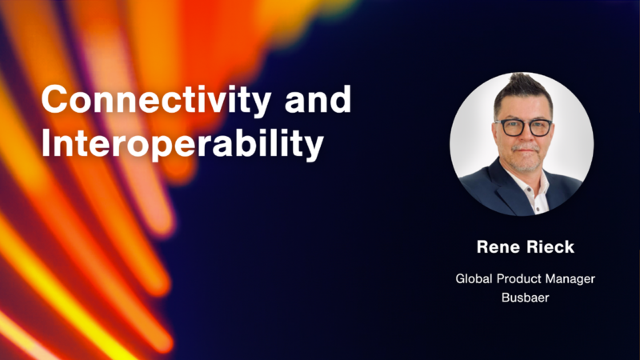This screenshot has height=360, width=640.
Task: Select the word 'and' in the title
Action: [x=318, y=98]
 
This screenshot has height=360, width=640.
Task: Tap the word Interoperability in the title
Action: [x=182, y=144]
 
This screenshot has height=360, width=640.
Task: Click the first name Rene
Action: [x=498, y=247]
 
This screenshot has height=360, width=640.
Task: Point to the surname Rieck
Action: [x=550, y=247]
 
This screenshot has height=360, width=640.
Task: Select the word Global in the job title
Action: [x=474, y=278]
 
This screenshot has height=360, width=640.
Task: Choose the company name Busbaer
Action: [x=526, y=298]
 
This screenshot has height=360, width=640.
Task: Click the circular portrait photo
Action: [x=522, y=144]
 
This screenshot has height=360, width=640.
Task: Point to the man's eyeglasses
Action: [x=523, y=127]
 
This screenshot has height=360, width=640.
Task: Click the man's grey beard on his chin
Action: [x=526, y=162]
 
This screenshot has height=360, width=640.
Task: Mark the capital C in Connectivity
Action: [x=54, y=98]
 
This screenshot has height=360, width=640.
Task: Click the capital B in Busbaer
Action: [x=506, y=297]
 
